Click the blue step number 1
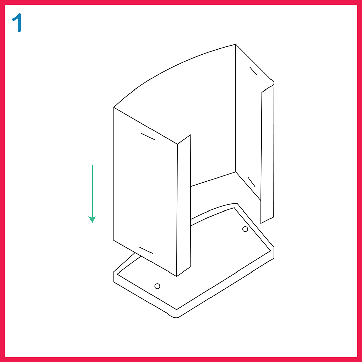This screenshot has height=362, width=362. click(x=17, y=22)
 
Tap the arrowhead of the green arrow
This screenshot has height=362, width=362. click(x=92, y=219)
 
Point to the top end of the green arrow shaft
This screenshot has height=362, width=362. click(x=92, y=165)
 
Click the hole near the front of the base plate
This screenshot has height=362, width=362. click(x=157, y=286)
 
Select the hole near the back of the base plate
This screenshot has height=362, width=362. click(x=245, y=229)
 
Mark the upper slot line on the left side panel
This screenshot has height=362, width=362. click(x=148, y=137)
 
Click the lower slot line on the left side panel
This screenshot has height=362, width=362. click(x=146, y=250)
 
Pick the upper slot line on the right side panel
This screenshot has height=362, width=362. click(x=253, y=71)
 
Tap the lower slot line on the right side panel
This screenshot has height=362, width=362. click(x=251, y=182)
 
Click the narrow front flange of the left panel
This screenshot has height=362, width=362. click(x=184, y=205)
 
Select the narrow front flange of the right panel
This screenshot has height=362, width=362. click(x=267, y=154)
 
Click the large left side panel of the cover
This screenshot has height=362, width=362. click(x=145, y=192)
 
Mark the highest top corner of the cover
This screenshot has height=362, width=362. click(x=236, y=44)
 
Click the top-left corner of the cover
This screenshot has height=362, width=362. click(x=114, y=107)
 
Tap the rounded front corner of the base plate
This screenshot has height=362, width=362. click(x=174, y=317)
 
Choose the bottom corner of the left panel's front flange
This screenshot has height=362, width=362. click(x=177, y=276)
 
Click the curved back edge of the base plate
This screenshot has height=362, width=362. click(x=214, y=210)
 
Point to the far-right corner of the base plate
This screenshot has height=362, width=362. click(x=274, y=247)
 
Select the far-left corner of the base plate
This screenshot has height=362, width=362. click(x=114, y=272)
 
